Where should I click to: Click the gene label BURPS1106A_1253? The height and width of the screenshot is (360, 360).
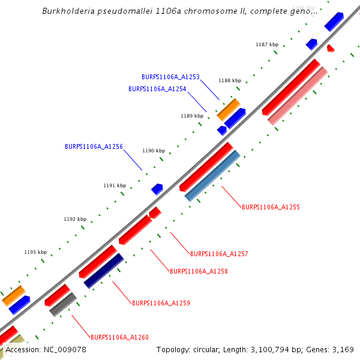[170, 77]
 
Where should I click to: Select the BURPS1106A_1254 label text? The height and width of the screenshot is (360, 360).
[157, 89]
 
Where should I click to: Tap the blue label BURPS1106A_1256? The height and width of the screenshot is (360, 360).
[94, 146]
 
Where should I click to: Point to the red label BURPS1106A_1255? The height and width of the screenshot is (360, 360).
[271, 207]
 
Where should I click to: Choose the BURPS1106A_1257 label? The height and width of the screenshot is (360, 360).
[219, 254]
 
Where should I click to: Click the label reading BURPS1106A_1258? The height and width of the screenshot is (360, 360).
[199, 271]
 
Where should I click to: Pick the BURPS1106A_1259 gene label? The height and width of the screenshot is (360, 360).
[161, 303]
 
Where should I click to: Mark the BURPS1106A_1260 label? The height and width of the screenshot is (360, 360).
[119, 337]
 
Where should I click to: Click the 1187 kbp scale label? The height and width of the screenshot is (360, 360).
[267, 44]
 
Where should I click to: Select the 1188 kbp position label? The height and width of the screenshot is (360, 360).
[230, 80]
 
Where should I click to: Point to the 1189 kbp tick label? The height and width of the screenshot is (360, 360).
[192, 116]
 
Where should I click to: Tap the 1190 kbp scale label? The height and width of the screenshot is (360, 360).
[153, 151]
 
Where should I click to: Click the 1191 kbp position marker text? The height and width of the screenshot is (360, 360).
[115, 185]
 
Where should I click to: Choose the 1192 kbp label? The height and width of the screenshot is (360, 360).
[75, 219]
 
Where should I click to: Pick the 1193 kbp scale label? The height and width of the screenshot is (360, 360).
[35, 252]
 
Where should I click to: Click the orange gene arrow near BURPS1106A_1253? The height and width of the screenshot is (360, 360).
[228, 109]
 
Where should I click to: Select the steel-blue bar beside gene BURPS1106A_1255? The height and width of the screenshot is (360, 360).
[212, 176]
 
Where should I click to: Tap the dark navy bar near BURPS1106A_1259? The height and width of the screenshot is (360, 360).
[104, 271]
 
